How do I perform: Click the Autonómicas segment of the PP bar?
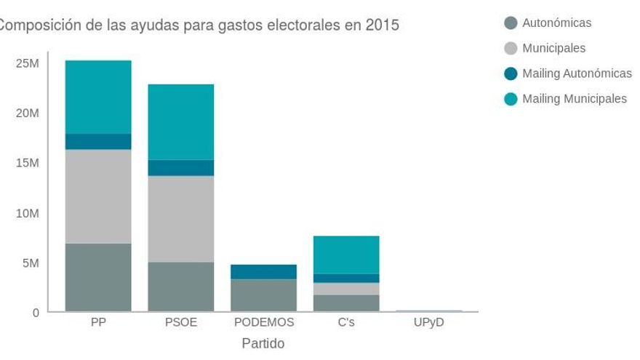98,277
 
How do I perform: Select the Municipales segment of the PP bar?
98,196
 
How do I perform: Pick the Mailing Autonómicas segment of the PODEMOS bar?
263,271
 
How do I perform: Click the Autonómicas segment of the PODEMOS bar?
263,295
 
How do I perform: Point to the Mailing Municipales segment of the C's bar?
346,255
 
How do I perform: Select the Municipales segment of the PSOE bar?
181,219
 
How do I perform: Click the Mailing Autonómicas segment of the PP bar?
98,141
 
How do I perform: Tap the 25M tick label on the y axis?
27,63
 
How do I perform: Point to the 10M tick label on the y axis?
27,213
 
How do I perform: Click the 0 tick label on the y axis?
35,313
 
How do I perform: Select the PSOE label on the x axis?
181,322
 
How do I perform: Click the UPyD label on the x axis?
428,322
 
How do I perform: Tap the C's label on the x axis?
346,322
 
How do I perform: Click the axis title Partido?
263,343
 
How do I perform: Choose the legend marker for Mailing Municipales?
511,99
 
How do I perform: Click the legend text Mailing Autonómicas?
577,73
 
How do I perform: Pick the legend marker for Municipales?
511,48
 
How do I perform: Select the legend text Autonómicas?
556,23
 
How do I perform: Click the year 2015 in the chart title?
383,25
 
